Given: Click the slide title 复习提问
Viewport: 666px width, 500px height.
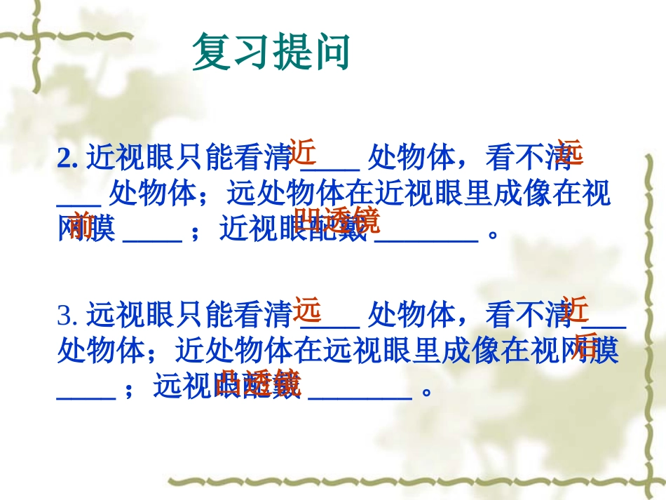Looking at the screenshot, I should point(271,53).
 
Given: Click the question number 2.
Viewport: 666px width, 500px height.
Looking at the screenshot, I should point(67,160).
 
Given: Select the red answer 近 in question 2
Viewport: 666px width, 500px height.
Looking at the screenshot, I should point(303,151).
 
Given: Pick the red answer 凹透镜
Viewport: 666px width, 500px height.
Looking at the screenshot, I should point(337,220).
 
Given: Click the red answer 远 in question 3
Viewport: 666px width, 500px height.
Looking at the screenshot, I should point(307,309).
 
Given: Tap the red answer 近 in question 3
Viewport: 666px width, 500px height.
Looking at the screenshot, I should point(573,309).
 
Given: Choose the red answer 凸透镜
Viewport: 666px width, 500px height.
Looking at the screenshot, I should point(259,383).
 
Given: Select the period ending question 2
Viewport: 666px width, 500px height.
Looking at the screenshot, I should point(492,231).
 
